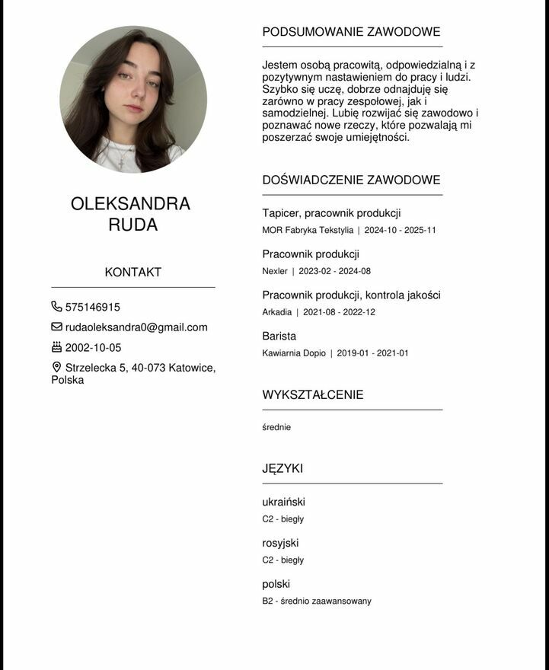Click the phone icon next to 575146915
pyautogui.click(x=56, y=307)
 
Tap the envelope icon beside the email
pyautogui.click(x=56, y=327)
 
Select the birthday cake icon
pyautogui.click(x=56, y=347)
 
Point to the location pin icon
pyautogui.click(x=56, y=368)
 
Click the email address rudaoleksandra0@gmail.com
pyautogui.click(x=136, y=327)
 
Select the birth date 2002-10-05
pyautogui.click(x=93, y=348)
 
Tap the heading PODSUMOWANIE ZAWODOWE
pyautogui.click(x=351, y=32)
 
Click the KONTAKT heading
pyautogui.click(x=133, y=273)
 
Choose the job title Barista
pyautogui.click(x=279, y=336)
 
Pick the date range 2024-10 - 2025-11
pyautogui.click(x=400, y=230)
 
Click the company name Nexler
pyautogui.click(x=275, y=271)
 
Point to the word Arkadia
pyautogui.click(x=276, y=312)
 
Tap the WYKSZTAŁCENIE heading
pyautogui.click(x=313, y=395)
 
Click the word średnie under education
pyautogui.click(x=276, y=427)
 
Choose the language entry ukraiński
pyautogui.click(x=283, y=502)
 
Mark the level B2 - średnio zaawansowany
pyautogui.click(x=317, y=601)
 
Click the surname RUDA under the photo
pyautogui.click(x=133, y=225)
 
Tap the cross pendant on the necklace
pyautogui.click(x=121, y=161)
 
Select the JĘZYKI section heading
pyautogui.click(x=282, y=469)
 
